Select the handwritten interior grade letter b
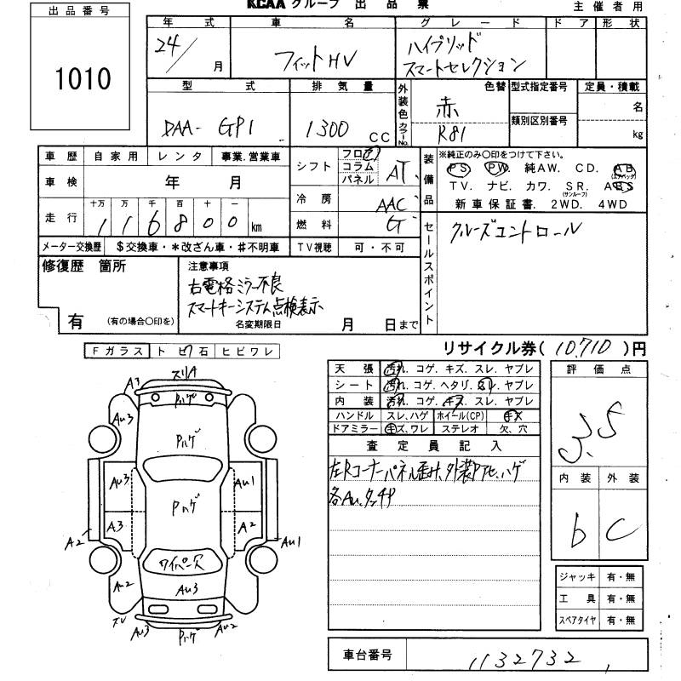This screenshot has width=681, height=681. pyautogui.click(x=581, y=532)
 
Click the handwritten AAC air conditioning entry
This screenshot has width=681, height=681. pyautogui.click(x=392, y=204)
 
